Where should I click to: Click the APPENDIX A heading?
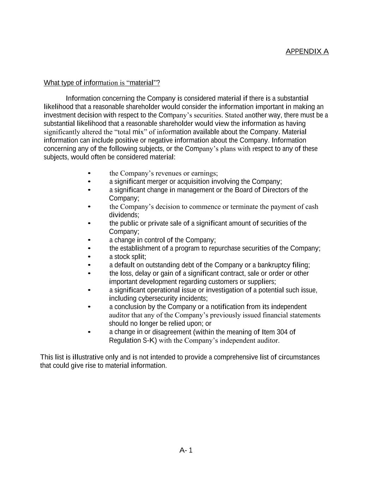click(307, 51)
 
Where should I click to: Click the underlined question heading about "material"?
click(102, 83)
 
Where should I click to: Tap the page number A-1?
click(186, 450)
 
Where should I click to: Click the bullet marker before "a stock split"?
click(89, 257)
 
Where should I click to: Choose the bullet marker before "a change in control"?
click(89, 240)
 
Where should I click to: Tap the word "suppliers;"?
click(261, 282)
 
